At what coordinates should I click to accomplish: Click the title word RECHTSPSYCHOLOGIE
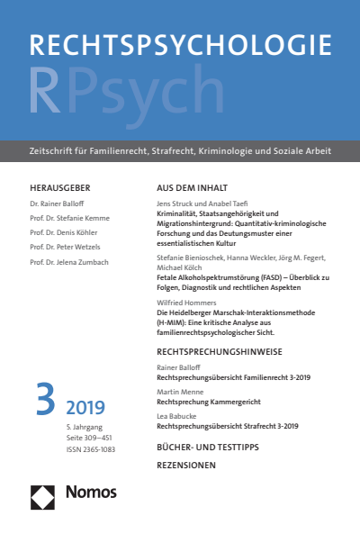coord(180,48)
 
